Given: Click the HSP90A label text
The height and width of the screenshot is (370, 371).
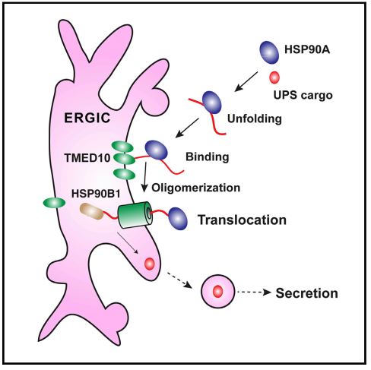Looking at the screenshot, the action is click(x=307, y=49).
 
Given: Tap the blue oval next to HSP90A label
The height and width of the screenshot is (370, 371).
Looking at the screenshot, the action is click(x=269, y=52).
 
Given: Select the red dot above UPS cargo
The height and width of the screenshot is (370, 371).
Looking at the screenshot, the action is click(x=274, y=77).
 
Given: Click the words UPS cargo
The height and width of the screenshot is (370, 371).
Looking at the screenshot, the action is click(x=303, y=96).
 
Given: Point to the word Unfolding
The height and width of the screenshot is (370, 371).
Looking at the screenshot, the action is click(x=255, y=119).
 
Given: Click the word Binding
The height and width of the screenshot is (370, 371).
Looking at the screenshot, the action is click(x=208, y=157).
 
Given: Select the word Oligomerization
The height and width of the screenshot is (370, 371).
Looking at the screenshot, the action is click(x=196, y=188).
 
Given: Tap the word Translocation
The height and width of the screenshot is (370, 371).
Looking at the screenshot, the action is click(x=242, y=220).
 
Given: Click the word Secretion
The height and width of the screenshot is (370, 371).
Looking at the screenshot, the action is click(x=306, y=293).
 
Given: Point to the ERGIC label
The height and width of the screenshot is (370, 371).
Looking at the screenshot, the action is click(x=87, y=118).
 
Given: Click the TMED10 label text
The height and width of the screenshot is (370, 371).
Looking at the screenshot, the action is click(x=87, y=158).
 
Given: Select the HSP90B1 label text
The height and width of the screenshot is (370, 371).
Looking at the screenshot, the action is click(x=96, y=194).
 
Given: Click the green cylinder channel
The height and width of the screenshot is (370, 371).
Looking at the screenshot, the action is click(x=135, y=215).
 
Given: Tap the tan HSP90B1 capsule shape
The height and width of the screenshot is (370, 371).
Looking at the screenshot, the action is click(x=91, y=212).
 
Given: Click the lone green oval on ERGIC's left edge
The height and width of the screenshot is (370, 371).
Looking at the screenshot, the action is click(x=54, y=203).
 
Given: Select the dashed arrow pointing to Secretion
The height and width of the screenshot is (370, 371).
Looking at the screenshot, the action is click(x=254, y=293).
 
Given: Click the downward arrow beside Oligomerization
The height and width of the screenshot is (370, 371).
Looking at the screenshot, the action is click(x=145, y=177).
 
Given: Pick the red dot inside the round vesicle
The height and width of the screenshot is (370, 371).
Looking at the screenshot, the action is click(x=217, y=292).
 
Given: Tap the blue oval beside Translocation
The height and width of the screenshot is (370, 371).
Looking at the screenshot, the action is click(x=178, y=219).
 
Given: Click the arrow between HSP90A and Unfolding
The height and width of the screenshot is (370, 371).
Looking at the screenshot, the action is click(x=246, y=81).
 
